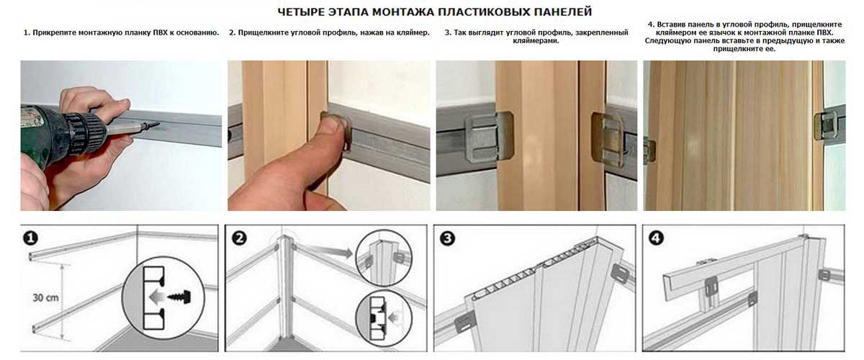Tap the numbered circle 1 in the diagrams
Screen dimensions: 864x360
(x=30, y=238)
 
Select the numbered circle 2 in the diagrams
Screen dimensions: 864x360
(x=239, y=238)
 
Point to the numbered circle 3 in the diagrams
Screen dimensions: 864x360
(x=447, y=238)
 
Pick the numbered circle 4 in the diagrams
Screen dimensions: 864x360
(x=657, y=238)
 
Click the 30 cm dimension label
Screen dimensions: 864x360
(x=45, y=298)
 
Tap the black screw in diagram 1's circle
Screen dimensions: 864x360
(x=180, y=297)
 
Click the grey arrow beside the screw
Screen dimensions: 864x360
(x=156, y=297)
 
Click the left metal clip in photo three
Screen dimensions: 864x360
(x=489, y=136)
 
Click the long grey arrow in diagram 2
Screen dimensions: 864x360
(x=327, y=251)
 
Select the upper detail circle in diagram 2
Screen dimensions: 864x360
(x=383, y=258)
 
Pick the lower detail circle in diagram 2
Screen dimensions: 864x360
(x=383, y=318)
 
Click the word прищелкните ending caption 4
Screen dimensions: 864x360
(x=744, y=49)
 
